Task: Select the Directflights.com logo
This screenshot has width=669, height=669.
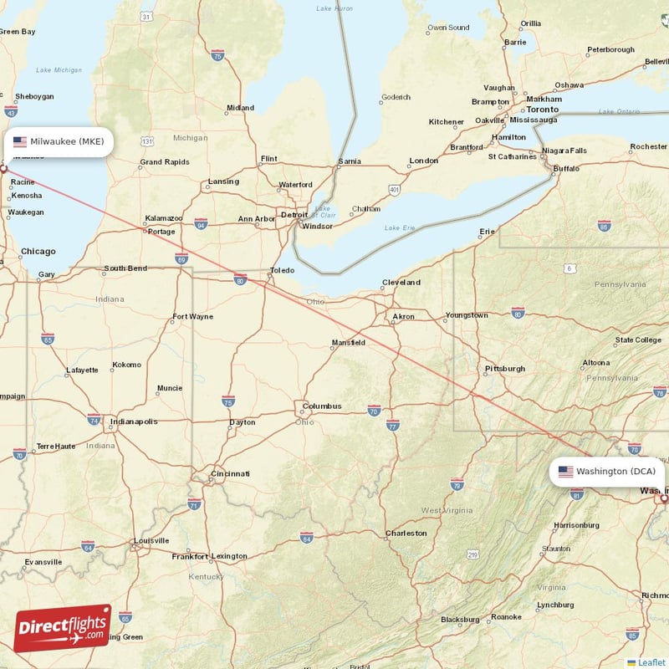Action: (x=62, y=628)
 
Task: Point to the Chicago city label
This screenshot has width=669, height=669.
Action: (x=38, y=251)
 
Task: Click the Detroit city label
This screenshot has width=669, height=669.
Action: (x=294, y=215)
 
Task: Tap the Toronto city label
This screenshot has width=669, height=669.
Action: (x=542, y=110)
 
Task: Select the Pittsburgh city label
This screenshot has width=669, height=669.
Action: (x=505, y=369)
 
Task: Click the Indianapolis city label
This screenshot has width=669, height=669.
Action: (x=134, y=421)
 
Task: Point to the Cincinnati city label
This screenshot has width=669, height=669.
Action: (x=230, y=474)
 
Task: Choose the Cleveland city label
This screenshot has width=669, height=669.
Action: (x=401, y=283)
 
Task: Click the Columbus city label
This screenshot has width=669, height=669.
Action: (x=322, y=406)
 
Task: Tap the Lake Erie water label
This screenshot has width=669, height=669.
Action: (x=399, y=228)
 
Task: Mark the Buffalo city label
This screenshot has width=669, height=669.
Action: (x=566, y=168)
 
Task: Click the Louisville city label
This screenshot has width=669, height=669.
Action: (x=151, y=540)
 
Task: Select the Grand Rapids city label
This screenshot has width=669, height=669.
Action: (x=165, y=162)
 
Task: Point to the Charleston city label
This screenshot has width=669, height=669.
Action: (x=406, y=533)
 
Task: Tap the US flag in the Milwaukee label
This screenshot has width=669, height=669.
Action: (x=20, y=141)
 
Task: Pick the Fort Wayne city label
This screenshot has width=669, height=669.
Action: (x=192, y=317)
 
